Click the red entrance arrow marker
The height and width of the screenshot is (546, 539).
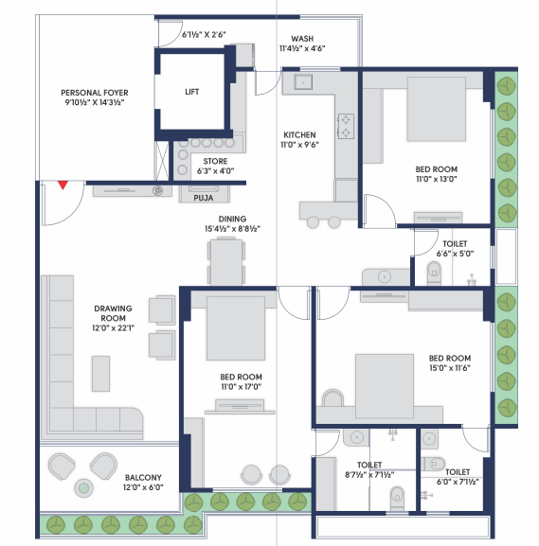pyautogui.click(x=63, y=185)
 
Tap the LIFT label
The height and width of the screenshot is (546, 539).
pyautogui.click(x=191, y=92)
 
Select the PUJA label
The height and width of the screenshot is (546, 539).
pyautogui.click(x=204, y=198)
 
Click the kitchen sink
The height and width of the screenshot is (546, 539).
pyautogui.click(x=303, y=82)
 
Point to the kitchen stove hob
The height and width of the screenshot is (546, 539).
pyautogui.click(x=346, y=126)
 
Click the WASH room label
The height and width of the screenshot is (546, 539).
pyautogui.click(x=302, y=39)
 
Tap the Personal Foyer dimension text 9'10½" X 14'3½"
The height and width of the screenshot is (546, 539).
pyautogui.click(x=95, y=102)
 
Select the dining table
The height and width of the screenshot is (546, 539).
pyautogui.click(x=226, y=262)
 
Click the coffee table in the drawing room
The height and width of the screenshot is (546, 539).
pyautogui.click(x=100, y=374)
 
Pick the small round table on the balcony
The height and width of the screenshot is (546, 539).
pyautogui.click(x=83, y=488)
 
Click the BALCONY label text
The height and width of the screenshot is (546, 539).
pyautogui.click(x=143, y=478)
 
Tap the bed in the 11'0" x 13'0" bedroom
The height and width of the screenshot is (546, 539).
pyautogui.click(x=436, y=110)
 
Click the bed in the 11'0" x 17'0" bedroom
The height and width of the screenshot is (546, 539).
pyautogui.click(x=236, y=328)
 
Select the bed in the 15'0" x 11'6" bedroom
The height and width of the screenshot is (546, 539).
pyautogui.click(x=385, y=386)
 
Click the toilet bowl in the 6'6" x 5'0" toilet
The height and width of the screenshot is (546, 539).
pyautogui.click(x=434, y=273)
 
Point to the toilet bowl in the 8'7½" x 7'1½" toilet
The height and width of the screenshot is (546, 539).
pyautogui.click(x=397, y=498)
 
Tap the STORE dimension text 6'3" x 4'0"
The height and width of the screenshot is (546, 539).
pyautogui.click(x=215, y=171)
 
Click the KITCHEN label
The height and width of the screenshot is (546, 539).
pyautogui.click(x=299, y=134)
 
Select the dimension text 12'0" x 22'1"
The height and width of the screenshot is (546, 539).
pyautogui.click(x=113, y=328)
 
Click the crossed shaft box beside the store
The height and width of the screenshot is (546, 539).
pyautogui.click(x=162, y=161)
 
